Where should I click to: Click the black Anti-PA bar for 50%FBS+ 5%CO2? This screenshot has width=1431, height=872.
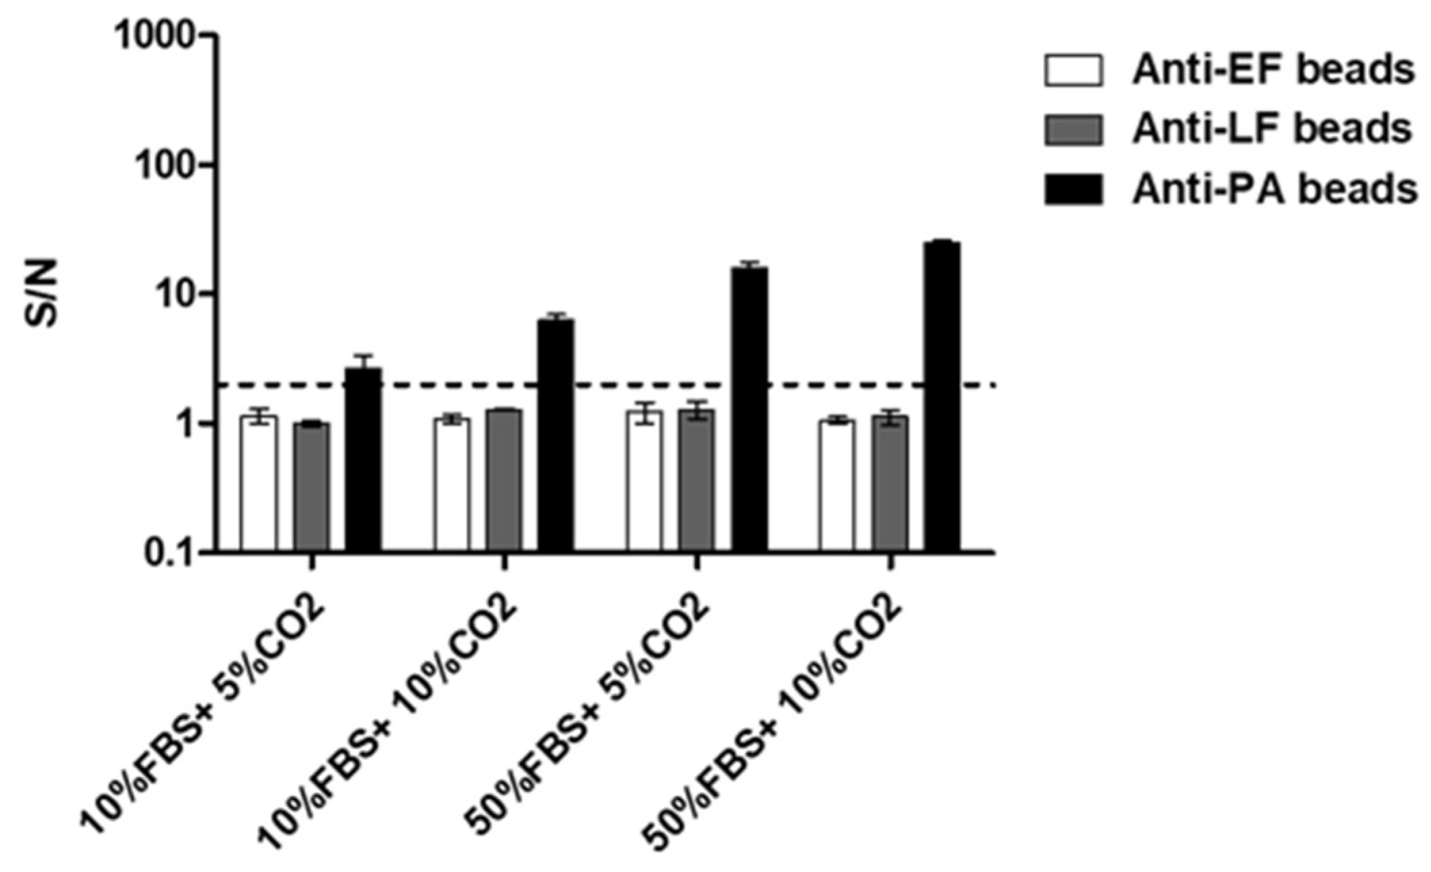[750, 410]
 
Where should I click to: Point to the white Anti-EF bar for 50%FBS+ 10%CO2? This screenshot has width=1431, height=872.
[836, 486]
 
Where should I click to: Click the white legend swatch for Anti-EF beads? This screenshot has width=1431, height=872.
[1073, 71]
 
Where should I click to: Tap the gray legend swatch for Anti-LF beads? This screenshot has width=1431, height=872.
[1073, 129]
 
